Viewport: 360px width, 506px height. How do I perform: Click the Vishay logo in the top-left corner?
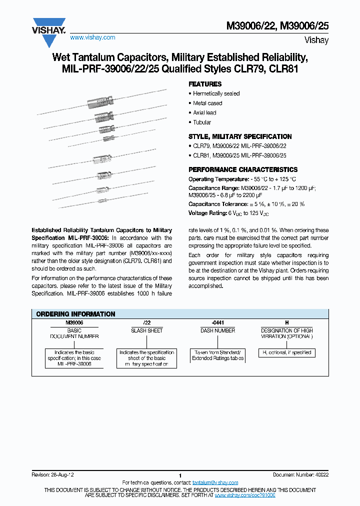pyautogui.click(x=49, y=24)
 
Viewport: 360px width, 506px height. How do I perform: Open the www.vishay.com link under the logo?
pyautogui.click(x=92, y=37)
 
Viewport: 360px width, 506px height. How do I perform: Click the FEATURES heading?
pyautogui.click(x=205, y=84)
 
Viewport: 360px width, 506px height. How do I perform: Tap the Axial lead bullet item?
pyautogui.click(x=204, y=113)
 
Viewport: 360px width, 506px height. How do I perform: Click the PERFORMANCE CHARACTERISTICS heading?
pyautogui.click(x=242, y=170)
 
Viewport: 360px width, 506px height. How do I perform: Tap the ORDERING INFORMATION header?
pyautogui.click(x=76, y=314)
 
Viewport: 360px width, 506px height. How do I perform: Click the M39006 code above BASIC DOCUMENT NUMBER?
pyautogui.click(x=74, y=323)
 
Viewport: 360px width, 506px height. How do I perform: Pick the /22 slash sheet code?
pyautogui.click(x=146, y=323)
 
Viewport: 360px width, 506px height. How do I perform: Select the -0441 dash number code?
pyautogui.click(x=217, y=323)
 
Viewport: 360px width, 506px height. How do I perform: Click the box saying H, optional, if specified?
pyautogui.click(x=286, y=352)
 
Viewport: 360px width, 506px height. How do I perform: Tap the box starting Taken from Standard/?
pyautogui.click(x=217, y=355)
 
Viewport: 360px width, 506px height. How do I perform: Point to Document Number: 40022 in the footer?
pyautogui.click(x=301, y=474)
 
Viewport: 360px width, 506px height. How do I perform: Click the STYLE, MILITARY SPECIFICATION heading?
pyautogui.click(x=240, y=137)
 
